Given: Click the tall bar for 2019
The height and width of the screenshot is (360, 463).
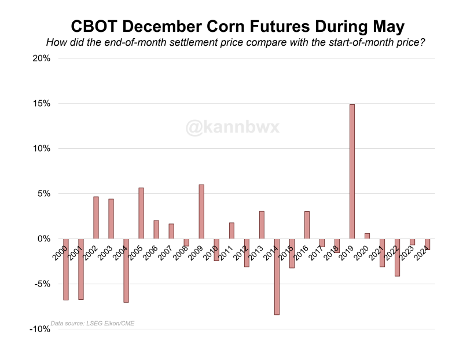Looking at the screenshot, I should [x=352, y=171].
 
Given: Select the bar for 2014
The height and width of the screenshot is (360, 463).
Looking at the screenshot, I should [x=277, y=277].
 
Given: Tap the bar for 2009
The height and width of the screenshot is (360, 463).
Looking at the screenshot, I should [x=201, y=211].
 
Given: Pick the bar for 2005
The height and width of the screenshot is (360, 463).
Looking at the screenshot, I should [x=141, y=213].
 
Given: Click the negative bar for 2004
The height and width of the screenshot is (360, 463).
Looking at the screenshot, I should [x=126, y=270].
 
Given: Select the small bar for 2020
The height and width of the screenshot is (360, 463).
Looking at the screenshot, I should [x=367, y=236].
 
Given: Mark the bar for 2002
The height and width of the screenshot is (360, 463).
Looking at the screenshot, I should [x=96, y=218].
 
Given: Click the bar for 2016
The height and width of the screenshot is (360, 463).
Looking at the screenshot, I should [x=307, y=225].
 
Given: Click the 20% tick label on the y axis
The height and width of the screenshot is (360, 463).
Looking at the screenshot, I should [x=41, y=58].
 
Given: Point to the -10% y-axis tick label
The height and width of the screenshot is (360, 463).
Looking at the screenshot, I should [x=39, y=329].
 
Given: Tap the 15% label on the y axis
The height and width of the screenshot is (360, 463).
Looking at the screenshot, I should [x=41, y=104].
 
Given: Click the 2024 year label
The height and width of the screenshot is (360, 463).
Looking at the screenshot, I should [x=423, y=254].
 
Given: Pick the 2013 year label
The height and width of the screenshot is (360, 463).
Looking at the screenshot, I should [x=256, y=254].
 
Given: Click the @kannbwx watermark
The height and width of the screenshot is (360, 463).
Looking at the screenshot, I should [x=233, y=127].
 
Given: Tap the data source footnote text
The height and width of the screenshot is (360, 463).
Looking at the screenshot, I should [x=93, y=323].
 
